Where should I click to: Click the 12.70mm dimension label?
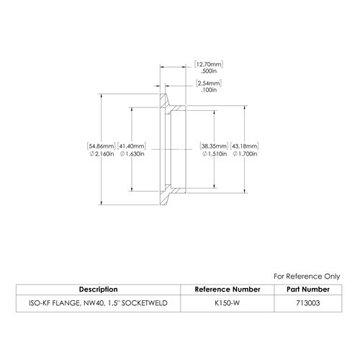coord(209,64)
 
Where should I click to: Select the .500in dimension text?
coord(209,71)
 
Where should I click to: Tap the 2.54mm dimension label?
coord(209,84)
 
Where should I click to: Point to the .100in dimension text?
coord(209,90)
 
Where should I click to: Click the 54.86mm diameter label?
coord(102,146)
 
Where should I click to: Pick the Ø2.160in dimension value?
coord(102,154)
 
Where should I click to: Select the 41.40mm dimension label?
coord(132,146)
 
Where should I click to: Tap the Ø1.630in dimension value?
coord(132,154)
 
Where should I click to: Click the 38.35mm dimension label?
coord(214,146)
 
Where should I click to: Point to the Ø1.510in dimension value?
coord(215,154)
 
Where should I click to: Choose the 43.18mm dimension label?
coord(244,146)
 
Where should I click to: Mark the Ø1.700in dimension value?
coord(245,154)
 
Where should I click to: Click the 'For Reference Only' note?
coord(307,276)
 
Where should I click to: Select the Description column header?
coord(99,289)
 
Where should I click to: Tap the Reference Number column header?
coord(228,289)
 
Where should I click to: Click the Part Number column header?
coord(308,289)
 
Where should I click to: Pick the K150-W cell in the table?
coord(228,303)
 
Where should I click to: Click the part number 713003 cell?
coord(308,303)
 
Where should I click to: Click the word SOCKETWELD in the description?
coord(144,303)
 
